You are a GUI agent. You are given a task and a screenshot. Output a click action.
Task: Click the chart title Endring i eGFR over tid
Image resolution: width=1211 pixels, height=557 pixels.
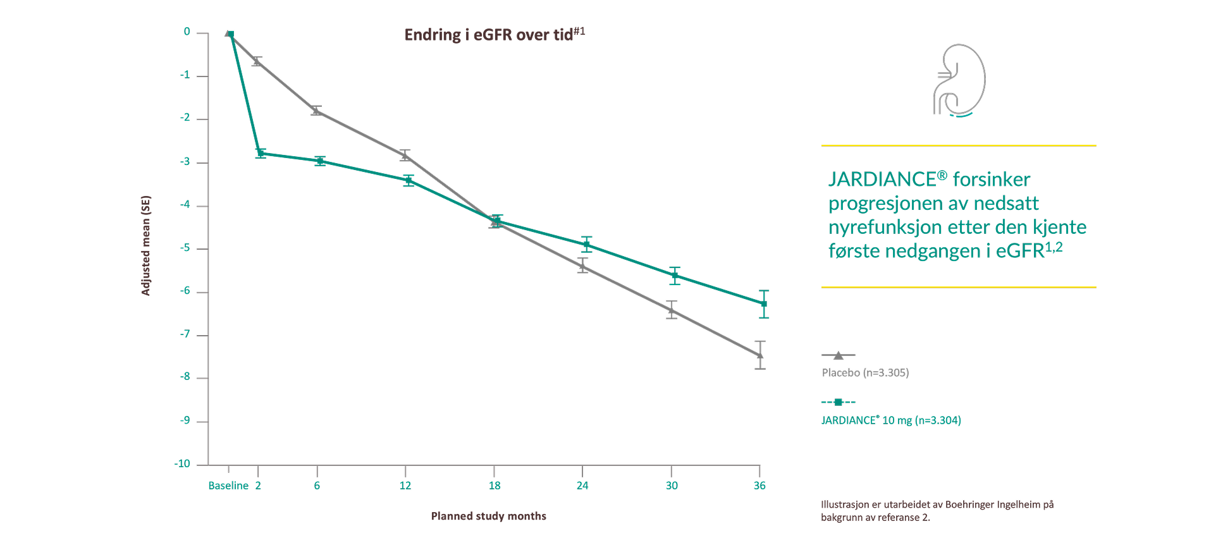[494, 35]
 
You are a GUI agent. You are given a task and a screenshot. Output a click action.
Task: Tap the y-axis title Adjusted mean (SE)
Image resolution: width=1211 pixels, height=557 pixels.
[146, 245]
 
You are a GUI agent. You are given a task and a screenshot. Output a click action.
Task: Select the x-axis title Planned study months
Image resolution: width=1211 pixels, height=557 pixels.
[488, 516]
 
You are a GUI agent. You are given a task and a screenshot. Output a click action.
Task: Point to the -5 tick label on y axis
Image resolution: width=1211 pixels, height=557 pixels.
[185, 248]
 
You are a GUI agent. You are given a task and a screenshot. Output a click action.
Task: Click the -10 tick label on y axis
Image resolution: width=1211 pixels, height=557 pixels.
[182, 463]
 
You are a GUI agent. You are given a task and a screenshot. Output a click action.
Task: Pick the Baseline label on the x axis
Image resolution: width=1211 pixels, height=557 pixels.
[228, 486]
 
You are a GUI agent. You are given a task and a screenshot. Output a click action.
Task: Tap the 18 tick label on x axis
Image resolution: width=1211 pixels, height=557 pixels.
[495, 486]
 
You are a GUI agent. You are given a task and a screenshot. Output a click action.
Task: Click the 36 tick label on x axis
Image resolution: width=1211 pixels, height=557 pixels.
[759, 486]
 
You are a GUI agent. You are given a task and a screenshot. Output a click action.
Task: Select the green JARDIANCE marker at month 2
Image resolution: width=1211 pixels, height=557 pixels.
[261, 153]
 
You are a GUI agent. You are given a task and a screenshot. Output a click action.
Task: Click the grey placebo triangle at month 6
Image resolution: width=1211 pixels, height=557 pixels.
[316, 111]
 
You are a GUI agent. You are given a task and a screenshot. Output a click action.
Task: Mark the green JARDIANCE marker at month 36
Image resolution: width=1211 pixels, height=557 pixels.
[764, 304]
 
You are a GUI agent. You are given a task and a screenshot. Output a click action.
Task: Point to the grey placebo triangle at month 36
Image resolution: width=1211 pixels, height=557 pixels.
[760, 355]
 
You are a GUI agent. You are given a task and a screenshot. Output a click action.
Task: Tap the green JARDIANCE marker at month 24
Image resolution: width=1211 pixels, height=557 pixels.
[587, 244]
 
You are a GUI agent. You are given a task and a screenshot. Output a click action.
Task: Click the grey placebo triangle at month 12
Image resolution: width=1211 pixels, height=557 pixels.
[405, 156]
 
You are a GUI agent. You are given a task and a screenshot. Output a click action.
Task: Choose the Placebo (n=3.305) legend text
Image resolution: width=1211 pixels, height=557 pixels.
[865, 373]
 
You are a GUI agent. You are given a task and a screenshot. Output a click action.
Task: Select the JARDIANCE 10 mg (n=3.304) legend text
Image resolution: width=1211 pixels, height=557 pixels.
[891, 420]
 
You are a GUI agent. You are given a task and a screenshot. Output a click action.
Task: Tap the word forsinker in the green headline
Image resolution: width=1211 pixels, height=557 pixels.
[991, 180]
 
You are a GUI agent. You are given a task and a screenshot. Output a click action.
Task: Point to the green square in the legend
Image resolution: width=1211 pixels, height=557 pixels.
[839, 402]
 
